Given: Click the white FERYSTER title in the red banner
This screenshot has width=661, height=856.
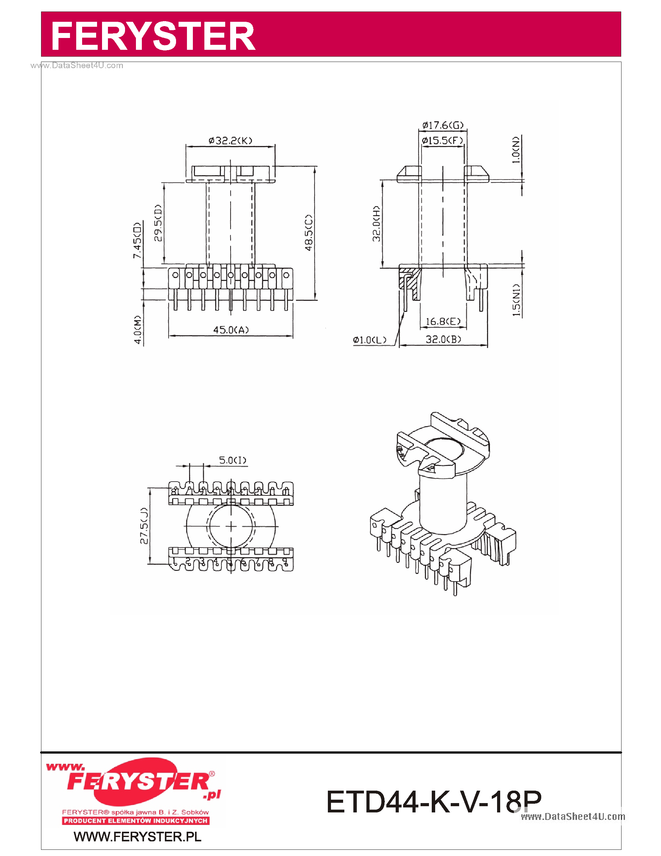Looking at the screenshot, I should [x=153, y=36].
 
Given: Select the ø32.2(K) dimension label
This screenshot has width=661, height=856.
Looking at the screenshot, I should [x=230, y=140].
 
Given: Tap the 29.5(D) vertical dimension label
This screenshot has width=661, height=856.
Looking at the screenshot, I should [x=157, y=223].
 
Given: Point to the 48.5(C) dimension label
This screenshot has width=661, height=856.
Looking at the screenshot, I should [x=309, y=233].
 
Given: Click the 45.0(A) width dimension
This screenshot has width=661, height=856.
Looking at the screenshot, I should [x=230, y=330].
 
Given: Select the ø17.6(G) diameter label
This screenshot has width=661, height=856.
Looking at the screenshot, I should [x=443, y=125].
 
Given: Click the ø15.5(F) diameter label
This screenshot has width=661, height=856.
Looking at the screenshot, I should [x=442, y=140].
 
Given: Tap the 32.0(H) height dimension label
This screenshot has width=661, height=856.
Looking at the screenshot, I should [x=376, y=223].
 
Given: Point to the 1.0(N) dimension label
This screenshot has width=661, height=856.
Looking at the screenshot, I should [x=516, y=150].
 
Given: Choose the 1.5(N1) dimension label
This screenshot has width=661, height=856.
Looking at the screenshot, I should [x=516, y=300].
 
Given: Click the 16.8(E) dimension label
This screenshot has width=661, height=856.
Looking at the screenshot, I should [x=443, y=322].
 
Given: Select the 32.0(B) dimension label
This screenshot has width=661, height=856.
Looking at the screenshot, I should [x=443, y=339].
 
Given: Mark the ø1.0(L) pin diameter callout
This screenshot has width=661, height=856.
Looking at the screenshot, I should [x=369, y=340].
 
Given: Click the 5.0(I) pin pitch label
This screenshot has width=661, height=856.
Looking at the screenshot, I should [x=232, y=460].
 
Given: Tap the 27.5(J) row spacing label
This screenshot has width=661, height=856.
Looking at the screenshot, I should [x=144, y=526].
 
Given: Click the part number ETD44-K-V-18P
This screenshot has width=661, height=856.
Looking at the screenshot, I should [x=434, y=802].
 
